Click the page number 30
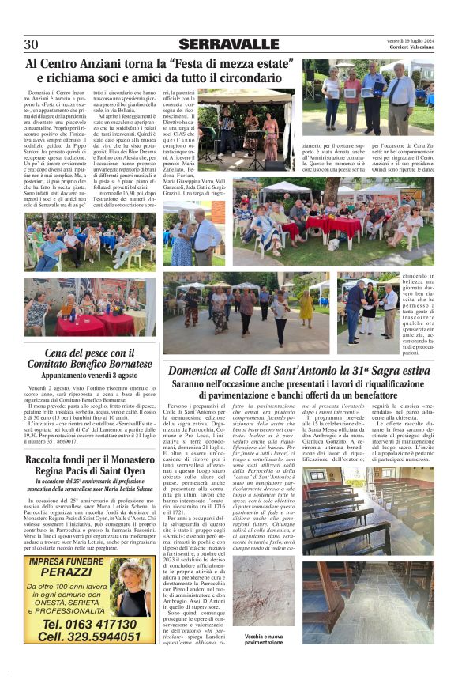32,43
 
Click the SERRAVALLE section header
228,44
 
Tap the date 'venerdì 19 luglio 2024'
407,39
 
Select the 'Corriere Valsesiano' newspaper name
407,49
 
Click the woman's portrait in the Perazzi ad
133,598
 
